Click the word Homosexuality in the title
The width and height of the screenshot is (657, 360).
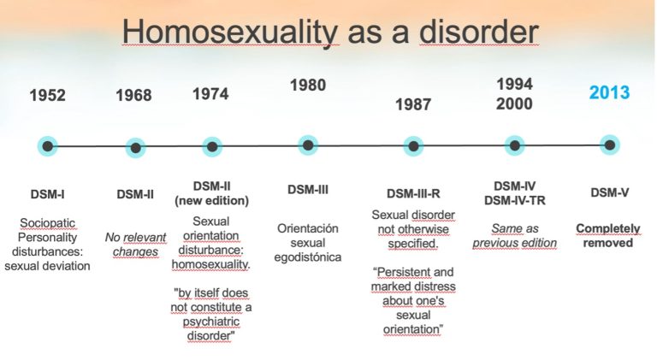pos(229,32)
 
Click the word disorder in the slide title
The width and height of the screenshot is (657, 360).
pos(478,32)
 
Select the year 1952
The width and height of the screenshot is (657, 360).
pos(47,95)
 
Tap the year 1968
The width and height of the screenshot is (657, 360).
pos(133,95)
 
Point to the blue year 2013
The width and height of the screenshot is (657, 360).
pos(609,92)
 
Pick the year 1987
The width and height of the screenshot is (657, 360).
pos(413,104)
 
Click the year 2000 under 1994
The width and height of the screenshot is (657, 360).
pos(514,103)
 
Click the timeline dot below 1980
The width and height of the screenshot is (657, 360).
pos(308,145)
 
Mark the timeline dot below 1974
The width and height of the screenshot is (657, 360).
pos(212,147)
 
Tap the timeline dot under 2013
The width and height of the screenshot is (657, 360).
pos(610,145)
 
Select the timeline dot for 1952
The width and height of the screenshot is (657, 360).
pos(48,146)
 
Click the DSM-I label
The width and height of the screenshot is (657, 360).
pos(47,194)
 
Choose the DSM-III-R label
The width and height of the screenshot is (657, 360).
pos(413,194)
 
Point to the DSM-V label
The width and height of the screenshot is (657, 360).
pos(610,192)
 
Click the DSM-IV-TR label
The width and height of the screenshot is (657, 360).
pos(514,201)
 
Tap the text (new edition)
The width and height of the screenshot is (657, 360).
pos(211,201)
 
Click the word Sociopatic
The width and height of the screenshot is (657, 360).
pos(47,223)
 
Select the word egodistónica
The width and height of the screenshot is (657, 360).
pos(308,257)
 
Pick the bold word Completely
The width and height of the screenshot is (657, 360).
pos(608,229)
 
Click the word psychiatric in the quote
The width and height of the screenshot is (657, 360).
pos(211,322)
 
